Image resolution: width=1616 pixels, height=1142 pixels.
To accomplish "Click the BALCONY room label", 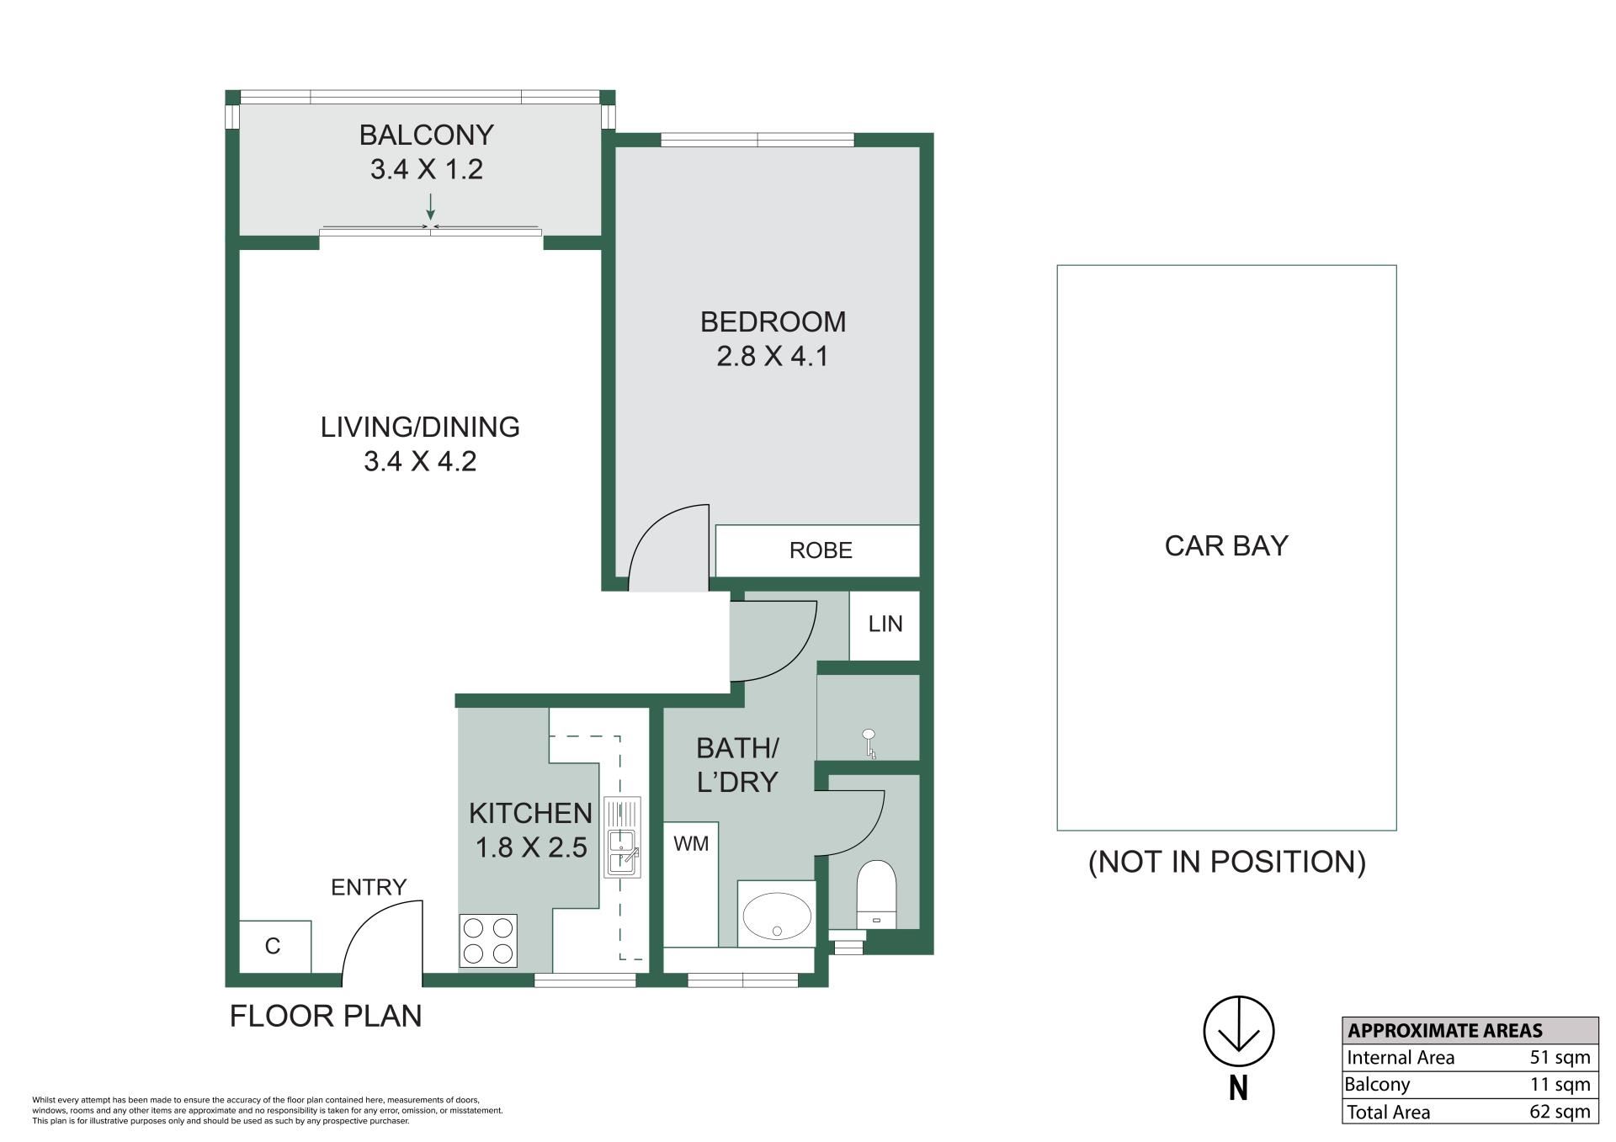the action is coord(426,135).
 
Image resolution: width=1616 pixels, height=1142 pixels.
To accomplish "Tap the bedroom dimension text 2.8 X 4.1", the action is coord(773,357).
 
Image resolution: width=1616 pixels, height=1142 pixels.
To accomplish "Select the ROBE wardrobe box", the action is coord(817,550).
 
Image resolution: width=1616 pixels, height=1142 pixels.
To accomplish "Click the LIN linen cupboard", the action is coord(885,624).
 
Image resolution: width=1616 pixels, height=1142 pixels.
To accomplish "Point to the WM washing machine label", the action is coord(691,843).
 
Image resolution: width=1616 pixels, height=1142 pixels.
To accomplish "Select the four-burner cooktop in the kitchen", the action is coord(488,940).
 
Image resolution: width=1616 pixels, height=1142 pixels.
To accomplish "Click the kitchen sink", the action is coord(622,837).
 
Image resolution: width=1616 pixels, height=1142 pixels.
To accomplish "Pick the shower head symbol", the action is coord(869,744).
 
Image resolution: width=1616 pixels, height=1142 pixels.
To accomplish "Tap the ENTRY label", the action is coord(369,887).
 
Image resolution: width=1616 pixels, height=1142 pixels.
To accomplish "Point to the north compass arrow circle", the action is coord(1238,1032).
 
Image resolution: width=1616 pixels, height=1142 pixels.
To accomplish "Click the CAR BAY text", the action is coord(1226,546).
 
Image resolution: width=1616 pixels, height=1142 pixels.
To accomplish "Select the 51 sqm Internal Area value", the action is coord(1560,1058).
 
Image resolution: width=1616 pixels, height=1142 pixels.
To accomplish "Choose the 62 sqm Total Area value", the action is coord(1560,1112).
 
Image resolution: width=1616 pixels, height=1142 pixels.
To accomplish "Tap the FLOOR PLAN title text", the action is coord(326,1017).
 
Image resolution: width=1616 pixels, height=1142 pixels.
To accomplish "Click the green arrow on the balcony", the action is coord(431,207).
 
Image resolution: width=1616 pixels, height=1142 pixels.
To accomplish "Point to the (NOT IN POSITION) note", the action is coord(1226,862).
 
